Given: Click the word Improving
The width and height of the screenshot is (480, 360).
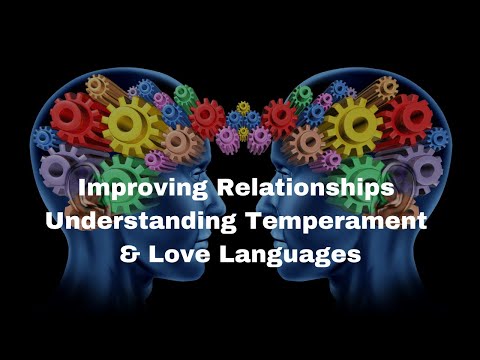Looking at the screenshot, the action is (x=143, y=189).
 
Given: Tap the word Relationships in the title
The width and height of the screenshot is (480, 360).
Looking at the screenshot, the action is (x=306, y=188).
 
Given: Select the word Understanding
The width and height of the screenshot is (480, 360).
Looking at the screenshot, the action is (x=141, y=221).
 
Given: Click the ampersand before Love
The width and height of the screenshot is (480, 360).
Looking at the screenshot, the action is (x=130, y=254).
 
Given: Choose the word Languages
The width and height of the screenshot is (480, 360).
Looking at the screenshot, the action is (x=290, y=255).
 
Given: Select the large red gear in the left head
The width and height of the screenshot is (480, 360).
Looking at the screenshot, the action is (x=73, y=116).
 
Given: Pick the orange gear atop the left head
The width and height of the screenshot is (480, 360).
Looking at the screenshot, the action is (x=97, y=85).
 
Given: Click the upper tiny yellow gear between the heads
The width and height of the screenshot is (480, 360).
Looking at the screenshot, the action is (x=243, y=108).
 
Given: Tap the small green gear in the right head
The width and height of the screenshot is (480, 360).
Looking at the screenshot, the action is (x=302, y=96).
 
